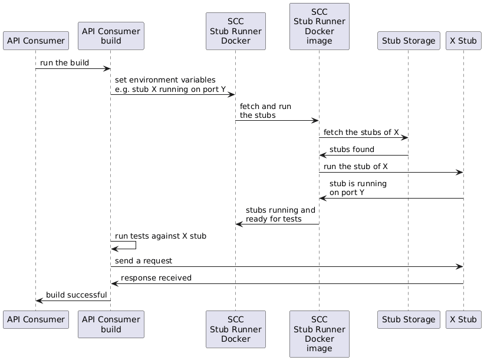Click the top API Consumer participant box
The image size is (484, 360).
pyautogui.click(x=35, y=41)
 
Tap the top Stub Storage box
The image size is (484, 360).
pyautogui.click(x=409, y=41)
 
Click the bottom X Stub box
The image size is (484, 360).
pyautogui.click(x=463, y=319)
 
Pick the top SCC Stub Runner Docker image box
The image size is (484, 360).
pyautogui.click(x=319, y=27)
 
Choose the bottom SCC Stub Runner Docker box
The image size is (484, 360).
pyautogui.click(x=235, y=329)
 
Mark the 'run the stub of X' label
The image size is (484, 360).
pyautogui.click(x=355, y=167)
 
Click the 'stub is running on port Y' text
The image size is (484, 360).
pyautogui.click(x=358, y=188)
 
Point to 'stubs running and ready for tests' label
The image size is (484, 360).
pyautogui.click(x=280, y=214)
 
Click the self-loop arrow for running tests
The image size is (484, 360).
pyautogui.click(x=136, y=245)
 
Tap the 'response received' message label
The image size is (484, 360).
pyautogui.click(x=156, y=278)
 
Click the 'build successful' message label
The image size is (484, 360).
pyautogui.click(x=76, y=295)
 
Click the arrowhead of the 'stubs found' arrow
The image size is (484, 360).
pyautogui.click(x=322, y=156)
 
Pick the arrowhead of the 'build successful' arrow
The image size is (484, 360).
pyautogui.click(x=39, y=300)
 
